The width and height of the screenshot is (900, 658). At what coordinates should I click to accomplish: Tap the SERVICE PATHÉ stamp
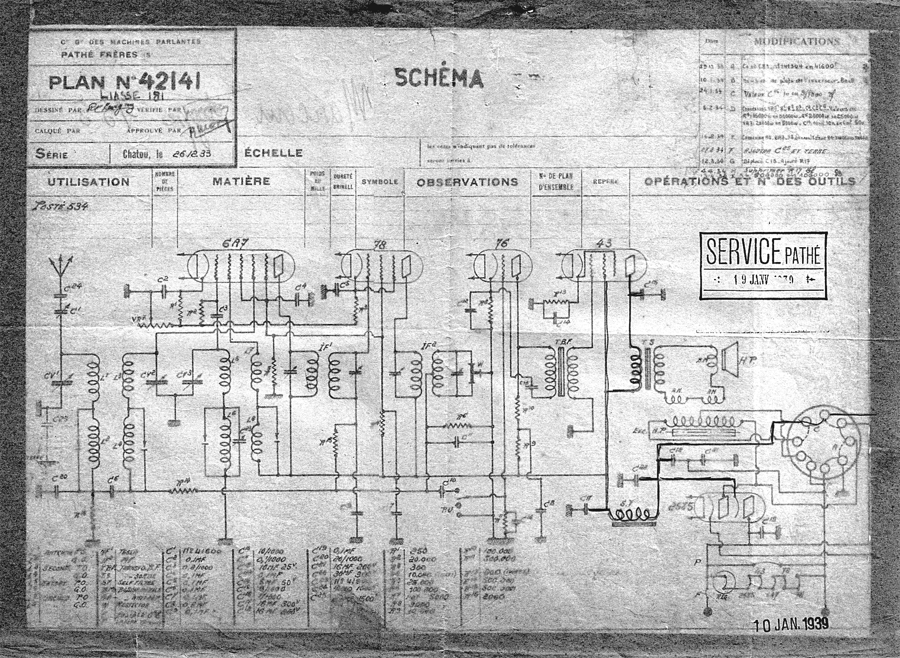763,266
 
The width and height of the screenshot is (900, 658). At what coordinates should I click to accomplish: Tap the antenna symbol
61,266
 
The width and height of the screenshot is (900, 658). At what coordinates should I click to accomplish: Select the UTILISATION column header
88,182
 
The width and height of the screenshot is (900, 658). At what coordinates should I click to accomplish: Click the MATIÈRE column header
241,181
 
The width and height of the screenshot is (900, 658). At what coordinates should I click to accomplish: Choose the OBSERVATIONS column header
467,182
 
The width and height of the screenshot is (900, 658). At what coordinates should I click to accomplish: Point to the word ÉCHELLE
273,153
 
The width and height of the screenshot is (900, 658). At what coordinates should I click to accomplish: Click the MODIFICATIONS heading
797,42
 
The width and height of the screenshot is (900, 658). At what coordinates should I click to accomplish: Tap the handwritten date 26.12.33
193,153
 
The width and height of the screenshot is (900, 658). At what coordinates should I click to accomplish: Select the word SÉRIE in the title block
51,153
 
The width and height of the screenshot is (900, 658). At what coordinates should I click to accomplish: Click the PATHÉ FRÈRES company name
100,54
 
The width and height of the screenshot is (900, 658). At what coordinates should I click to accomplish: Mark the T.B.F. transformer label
559,331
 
